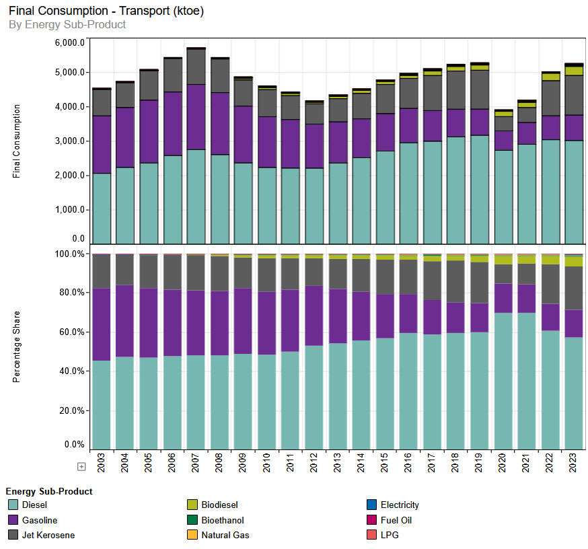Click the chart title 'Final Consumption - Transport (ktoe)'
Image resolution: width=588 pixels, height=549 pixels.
(x=106, y=11)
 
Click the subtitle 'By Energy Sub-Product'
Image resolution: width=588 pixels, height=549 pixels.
(x=67, y=25)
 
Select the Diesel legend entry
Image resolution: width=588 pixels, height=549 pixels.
(x=34, y=505)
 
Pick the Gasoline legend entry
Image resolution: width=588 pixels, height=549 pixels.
(x=39, y=520)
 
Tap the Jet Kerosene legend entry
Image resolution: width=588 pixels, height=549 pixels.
(x=48, y=535)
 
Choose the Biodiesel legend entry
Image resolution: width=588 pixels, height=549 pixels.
(x=219, y=505)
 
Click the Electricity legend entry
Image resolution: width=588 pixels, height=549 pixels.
(x=400, y=505)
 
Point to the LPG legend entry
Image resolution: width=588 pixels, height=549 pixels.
(x=390, y=535)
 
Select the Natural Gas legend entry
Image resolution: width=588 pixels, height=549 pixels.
(x=225, y=535)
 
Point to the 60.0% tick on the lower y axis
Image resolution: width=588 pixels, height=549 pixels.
(x=72, y=332)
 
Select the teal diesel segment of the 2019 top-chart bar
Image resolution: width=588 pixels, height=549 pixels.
(x=480, y=188)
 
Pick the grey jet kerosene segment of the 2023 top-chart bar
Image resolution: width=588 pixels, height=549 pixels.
(x=574, y=95)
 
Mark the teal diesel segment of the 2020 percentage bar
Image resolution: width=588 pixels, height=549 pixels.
(x=503, y=381)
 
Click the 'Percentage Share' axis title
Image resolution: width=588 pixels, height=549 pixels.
(x=17, y=347)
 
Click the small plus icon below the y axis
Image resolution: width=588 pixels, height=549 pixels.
(x=81, y=466)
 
